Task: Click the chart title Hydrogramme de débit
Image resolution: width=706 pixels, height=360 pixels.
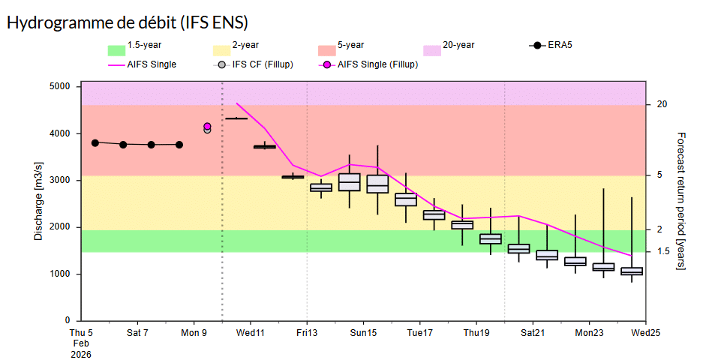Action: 128,22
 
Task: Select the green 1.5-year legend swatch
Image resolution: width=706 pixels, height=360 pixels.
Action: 116,49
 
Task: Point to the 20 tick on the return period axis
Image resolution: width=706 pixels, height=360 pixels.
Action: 662,104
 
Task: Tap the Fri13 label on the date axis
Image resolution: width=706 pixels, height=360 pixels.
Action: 307,332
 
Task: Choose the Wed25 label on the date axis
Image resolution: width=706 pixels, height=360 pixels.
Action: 645,332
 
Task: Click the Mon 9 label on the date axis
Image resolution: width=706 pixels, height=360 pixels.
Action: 194,332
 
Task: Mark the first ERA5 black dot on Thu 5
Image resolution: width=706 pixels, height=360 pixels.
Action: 95,142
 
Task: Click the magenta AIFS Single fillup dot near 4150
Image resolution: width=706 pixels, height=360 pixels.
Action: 207,127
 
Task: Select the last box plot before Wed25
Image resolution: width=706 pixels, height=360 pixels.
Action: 632,271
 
